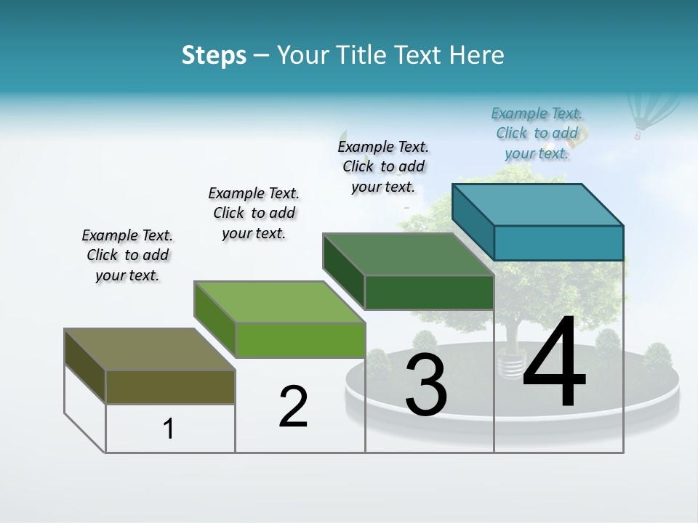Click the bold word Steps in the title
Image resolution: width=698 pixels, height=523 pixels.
(214, 55)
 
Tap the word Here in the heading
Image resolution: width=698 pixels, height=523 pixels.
(477, 55)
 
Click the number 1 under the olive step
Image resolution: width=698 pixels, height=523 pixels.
(169, 429)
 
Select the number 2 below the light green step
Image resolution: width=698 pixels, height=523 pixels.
(293, 406)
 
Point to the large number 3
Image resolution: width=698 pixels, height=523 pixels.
(426, 386)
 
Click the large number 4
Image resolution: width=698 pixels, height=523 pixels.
(554, 363)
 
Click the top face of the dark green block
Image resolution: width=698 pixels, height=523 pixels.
(408, 254)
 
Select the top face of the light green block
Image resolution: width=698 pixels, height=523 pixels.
(279, 301)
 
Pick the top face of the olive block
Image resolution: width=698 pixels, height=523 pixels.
(149, 349)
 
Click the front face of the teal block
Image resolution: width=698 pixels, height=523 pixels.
(558, 243)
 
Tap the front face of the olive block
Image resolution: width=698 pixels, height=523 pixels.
(170, 386)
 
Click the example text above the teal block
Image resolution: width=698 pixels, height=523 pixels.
(537, 133)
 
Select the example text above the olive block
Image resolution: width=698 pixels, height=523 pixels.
(127, 255)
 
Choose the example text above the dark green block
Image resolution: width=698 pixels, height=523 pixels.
(383, 166)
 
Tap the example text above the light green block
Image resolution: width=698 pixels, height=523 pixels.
(254, 213)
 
